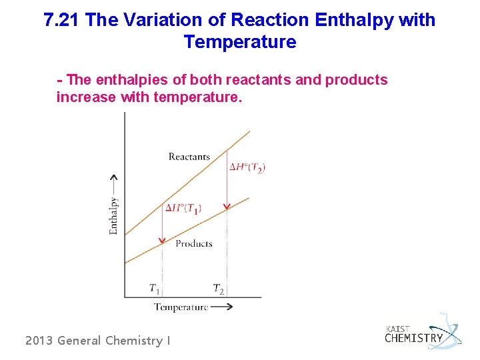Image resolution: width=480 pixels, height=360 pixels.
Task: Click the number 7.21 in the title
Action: tap(62, 20)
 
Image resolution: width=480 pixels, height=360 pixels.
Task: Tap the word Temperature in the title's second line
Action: tap(239, 43)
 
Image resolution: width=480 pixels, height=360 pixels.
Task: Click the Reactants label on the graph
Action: tap(189, 157)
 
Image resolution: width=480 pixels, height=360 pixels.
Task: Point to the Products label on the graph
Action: tap(193, 243)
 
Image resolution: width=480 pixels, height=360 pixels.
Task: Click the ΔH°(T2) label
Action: tap(247, 167)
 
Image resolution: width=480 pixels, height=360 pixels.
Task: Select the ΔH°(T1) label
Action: tap(183, 208)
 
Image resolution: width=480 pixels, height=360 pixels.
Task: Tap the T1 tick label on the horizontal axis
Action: tap(154, 289)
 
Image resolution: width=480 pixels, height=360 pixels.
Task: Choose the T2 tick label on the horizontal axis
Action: tap(218, 289)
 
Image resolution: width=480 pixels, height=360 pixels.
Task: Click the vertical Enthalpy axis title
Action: tap(113, 215)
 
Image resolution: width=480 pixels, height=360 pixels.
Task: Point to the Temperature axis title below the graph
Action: tap(181, 307)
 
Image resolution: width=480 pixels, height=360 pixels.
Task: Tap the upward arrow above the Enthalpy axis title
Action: tap(113, 183)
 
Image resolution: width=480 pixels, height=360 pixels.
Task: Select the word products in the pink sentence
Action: tap(356, 81)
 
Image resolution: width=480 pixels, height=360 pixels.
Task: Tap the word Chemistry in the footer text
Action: tap(134, 341)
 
